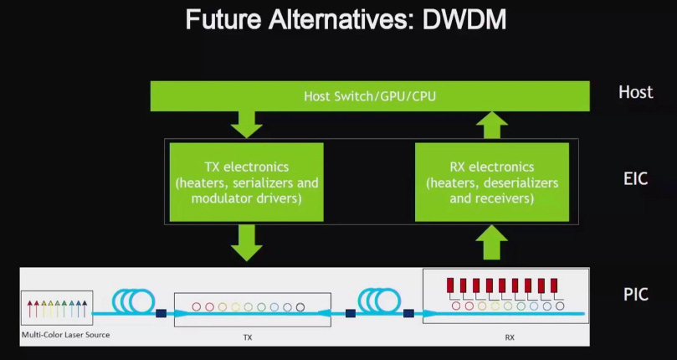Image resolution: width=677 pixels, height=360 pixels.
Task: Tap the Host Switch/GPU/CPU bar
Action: [x=370, y=96]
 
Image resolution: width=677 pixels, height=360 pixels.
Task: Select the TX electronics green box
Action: [x=247, y=182]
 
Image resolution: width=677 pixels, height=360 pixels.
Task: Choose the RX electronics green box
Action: [x=492, y=182]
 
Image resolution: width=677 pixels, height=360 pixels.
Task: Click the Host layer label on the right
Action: [x=635, y=92]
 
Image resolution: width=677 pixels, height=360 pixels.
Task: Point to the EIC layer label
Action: [x=635, y=178]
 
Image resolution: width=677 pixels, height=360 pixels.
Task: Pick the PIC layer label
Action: [x=635, y=295]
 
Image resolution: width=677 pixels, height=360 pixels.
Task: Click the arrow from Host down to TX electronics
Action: [x=247, y=125]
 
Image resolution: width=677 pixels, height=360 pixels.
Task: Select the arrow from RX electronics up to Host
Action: [x=492, y=125]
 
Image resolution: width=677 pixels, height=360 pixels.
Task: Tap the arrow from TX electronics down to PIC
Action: [x=247, y=243]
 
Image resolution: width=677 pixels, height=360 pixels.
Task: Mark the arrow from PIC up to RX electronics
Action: [x=492, y=242]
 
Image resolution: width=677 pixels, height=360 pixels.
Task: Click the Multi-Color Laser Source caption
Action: [x=65, y=335]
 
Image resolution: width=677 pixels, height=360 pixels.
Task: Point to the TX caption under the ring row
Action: [x=248, y=337]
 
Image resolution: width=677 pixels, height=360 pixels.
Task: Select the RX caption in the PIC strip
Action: [x=510, y=337]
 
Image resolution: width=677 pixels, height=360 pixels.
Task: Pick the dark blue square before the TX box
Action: [x=161, y=313]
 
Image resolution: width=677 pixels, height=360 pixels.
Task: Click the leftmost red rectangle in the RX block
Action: [x=450, y=285]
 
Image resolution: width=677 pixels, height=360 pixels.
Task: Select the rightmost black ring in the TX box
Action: [x=300, y=307]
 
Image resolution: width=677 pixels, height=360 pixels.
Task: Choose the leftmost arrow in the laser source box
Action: [x=30, y=309]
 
